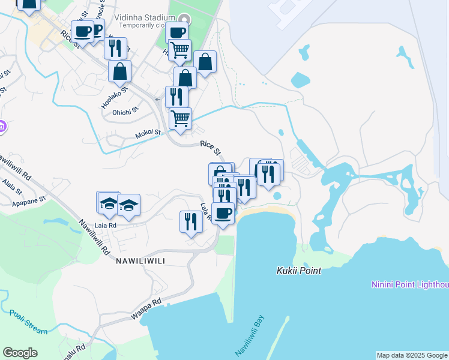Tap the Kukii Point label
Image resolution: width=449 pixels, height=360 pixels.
click(x=299, y=271)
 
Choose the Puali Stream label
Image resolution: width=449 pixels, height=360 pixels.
click(x=28, y=322)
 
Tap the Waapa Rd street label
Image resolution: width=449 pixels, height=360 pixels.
click(x=146, y=309)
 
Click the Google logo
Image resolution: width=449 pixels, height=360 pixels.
click(x=20, y=353)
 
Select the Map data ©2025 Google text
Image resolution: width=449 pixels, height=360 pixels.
click(x=412, y=355)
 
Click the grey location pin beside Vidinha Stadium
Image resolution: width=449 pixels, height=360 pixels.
click(x=184, y=19)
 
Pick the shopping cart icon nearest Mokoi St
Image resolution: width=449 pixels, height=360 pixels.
click(x=180, y=118)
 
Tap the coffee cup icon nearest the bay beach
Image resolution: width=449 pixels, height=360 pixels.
click(x=223, y=212)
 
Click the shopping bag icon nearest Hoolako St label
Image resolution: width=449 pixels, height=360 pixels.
click(x=120, y=71)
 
